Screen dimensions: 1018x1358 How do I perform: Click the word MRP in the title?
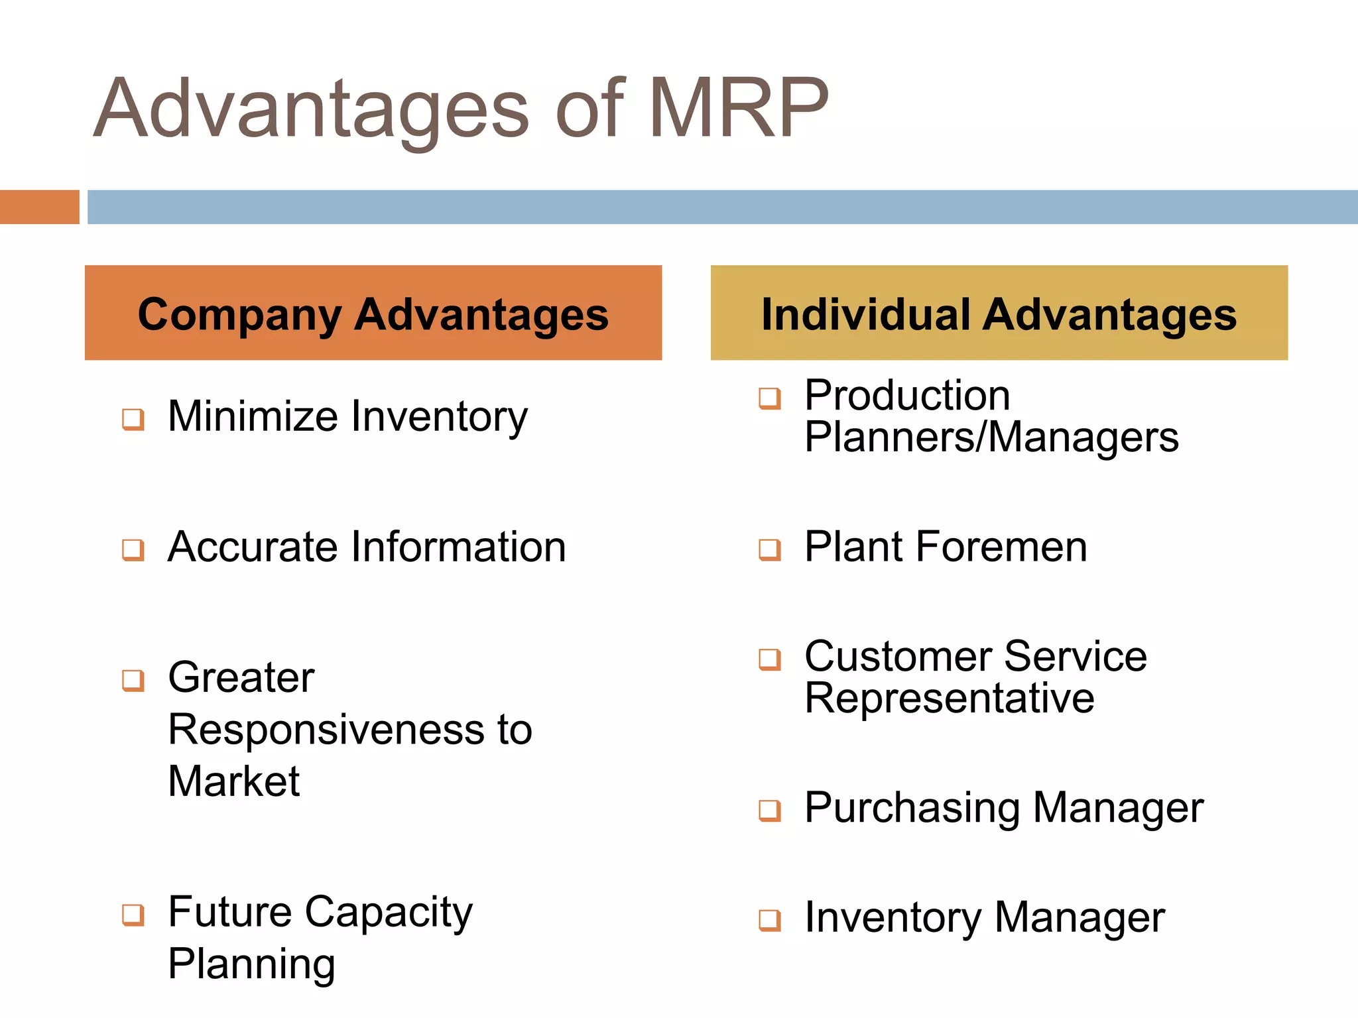(x=737, y=109)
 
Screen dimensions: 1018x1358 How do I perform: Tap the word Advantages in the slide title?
(x=312, y=110)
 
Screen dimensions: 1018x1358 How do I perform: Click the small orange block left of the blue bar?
(x=39, y=207)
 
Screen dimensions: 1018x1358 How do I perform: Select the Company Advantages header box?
(x=373, y=313)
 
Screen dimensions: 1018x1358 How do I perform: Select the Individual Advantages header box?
(x=999, y=313)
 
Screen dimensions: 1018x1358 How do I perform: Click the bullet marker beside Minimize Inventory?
(x=133, y=419)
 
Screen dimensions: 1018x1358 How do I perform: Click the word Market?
(x=233, y=781)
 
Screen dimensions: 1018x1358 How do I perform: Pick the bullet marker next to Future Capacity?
(x=133, y=915)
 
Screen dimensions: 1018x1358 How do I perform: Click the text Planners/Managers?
(x=991, y=437)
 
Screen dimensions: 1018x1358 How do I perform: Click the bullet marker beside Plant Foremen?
(x=770, y=549)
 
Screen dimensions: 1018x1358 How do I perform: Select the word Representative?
(x=949, y=699)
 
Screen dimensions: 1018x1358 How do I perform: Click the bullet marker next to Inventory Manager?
(x=770, y=920)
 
